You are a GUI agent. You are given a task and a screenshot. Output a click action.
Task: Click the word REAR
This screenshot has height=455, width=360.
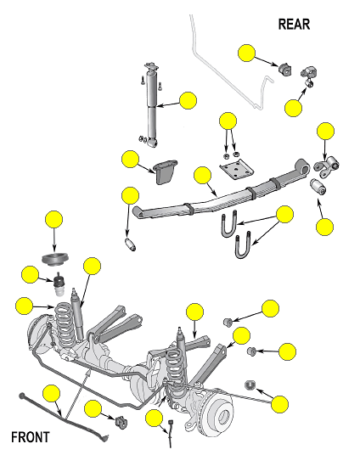click(x=294, y=25)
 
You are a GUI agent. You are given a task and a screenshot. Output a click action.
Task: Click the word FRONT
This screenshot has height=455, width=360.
click(x=31, y=437)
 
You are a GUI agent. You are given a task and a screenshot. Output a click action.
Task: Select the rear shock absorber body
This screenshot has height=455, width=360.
click(x=151, y=105)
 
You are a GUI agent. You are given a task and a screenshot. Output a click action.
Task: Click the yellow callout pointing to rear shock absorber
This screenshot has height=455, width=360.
click(x=188, y=100)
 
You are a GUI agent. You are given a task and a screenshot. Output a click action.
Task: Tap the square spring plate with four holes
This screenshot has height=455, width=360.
click(x=236, y=170)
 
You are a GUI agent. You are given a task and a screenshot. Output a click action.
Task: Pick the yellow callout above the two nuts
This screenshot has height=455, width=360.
click(x=228, y=121)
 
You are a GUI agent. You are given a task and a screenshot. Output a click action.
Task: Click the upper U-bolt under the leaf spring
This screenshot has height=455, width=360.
click(x=229, y=224)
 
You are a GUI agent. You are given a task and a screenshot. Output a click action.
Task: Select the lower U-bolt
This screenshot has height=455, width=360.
click(x=243, y=244)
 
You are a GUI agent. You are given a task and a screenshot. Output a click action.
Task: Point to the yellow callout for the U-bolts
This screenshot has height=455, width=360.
click(x=284, y=214)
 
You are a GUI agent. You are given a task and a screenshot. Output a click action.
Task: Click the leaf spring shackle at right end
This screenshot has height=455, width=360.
click(x=327, y=167)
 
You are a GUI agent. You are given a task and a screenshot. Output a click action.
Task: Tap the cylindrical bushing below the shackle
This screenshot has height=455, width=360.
click(x=318, y=187)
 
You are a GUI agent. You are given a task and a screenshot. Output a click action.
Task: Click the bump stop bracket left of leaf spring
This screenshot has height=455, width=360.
click(x=165, y=172)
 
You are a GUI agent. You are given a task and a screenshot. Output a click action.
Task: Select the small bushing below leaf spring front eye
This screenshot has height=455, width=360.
click(x=131, y=244)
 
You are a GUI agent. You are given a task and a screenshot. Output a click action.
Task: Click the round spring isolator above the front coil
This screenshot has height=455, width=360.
click(x=55, y=259)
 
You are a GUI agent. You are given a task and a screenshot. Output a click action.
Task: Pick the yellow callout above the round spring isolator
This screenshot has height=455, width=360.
click(x=54, y=219)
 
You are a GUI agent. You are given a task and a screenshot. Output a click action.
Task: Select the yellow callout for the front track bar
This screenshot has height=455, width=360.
click(x=52, y=394)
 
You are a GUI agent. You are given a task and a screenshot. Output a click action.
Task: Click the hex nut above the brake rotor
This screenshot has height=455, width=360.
click(x=250, y=385)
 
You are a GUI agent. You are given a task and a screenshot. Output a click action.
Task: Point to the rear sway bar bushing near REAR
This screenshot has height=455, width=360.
click(x=285, y=69)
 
